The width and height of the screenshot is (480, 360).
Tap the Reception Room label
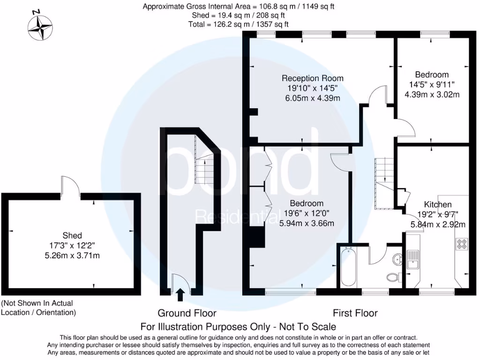click(312, 78)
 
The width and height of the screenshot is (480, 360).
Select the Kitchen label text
click(437, 204)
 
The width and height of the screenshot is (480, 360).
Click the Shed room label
click(72, 235)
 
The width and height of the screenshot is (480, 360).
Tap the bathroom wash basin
click(397, 258)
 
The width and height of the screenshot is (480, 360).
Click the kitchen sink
click(413, 259)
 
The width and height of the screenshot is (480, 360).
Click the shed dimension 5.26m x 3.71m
click(72, 255)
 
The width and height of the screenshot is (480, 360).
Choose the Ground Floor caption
click(187, 313)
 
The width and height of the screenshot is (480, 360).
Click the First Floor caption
click(355, 313)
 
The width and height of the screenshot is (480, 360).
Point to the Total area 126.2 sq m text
click(239, 23)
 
